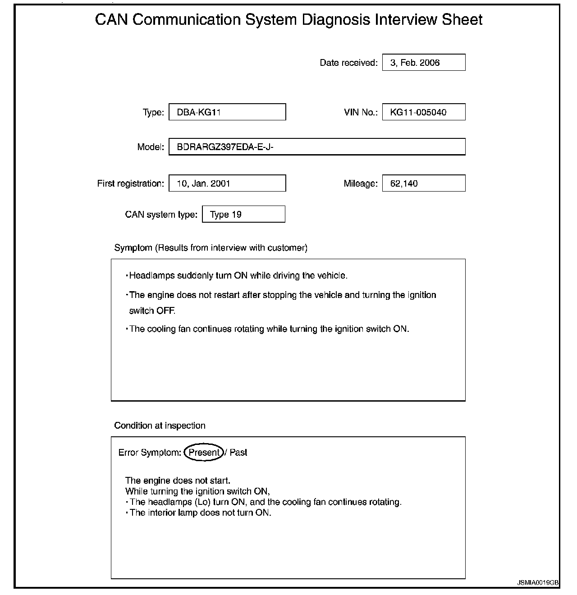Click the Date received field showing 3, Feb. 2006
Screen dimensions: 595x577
pyautogui.click(x=423, y=63)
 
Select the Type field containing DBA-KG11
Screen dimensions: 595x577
pyautogui.click(x=227, y=112)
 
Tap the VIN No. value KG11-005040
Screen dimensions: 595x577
pyautogui.click(x=423, y=112)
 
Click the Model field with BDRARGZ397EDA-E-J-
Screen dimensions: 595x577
pyautogui.click(x=316, y=147)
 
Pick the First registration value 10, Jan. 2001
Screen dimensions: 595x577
pyautogui.click(x=227, y=183)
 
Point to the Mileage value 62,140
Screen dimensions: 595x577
pyautogui.click(x=423, y=183)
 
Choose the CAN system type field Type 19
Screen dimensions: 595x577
pyautogui.click(x=243, y=215)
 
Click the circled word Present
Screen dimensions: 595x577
pyautogui.click(x=204, y=453)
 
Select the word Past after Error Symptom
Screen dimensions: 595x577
pyautogui.click(x=238, y=453)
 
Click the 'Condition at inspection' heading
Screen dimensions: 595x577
pyautogui.click(x=160, y=426)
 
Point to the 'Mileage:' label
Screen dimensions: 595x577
pyautogui.click(x=360, y=183)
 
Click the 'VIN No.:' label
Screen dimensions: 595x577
pyautogui.click(x=361, y=112)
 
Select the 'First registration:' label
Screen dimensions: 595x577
pyautogui.click(x=130, y=183)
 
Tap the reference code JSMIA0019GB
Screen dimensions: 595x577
pyautogui.click(x=538, y=582)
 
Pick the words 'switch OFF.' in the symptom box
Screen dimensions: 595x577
pyautogui.click(x=152, y=311)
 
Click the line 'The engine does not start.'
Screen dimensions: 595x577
pyautogui.click(x=178, y=481)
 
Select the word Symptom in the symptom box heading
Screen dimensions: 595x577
pyautogui.click(x=133, y=248)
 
